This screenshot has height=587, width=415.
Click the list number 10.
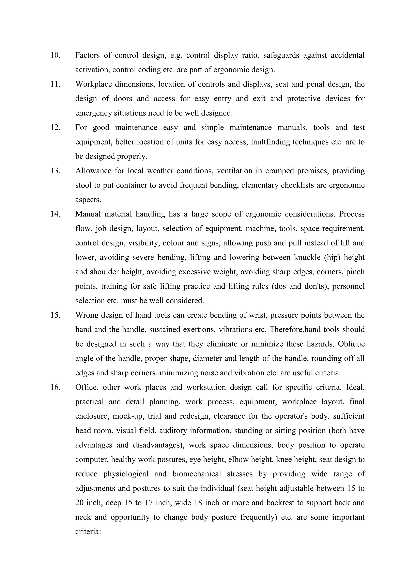coord(56,55)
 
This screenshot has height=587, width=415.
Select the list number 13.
coord(56,171)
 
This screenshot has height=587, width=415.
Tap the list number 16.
coord(56,387)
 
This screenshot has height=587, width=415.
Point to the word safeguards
coord(281,55)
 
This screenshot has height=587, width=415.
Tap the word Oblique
coord(351,344)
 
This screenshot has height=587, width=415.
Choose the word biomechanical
coord(197,474)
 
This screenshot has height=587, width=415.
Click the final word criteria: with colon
coord(88,532)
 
